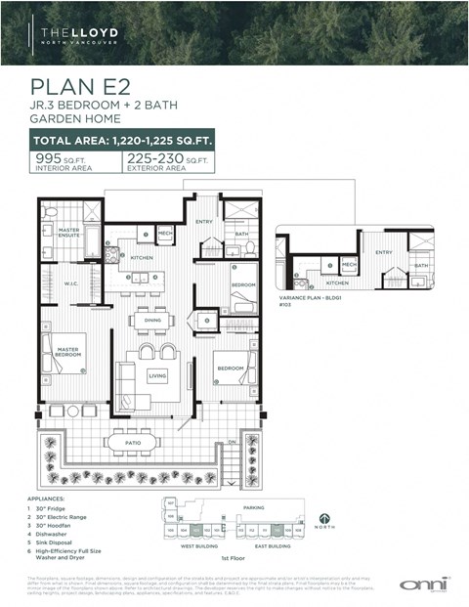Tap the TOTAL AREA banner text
[x=123, y=141]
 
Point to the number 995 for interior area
[x=48, y=157]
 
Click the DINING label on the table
[x=152, y=320]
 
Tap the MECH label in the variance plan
[x=349, y=264]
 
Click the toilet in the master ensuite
[x=51, y=212]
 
